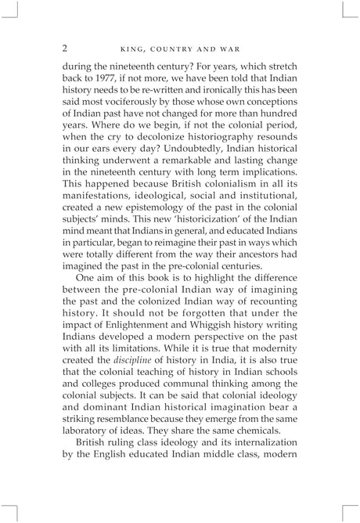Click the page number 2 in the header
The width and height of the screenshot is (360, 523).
click(65, 49)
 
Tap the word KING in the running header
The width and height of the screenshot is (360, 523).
click(128, 49)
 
